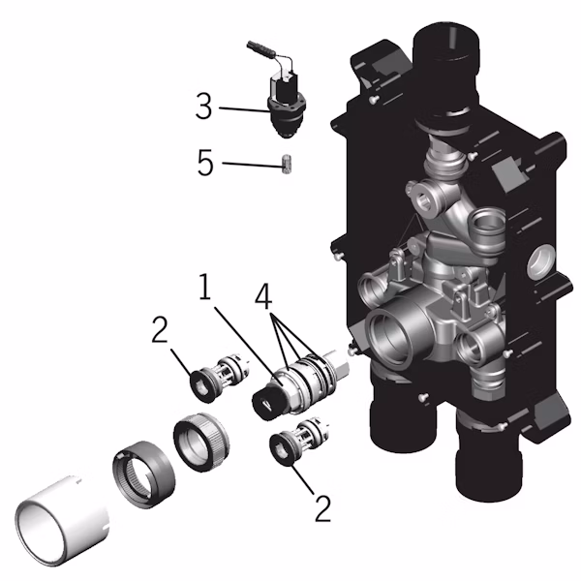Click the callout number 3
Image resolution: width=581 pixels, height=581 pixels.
204,107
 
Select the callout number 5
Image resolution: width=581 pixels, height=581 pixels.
205,162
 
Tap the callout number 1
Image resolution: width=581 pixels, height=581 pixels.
205,286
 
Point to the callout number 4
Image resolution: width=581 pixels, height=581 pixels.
263,296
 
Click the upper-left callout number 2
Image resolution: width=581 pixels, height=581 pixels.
160,329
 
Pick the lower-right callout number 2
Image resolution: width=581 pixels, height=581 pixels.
322,508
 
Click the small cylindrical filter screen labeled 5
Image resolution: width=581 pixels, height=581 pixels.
287,164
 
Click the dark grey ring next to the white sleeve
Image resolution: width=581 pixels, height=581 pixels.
143,474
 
